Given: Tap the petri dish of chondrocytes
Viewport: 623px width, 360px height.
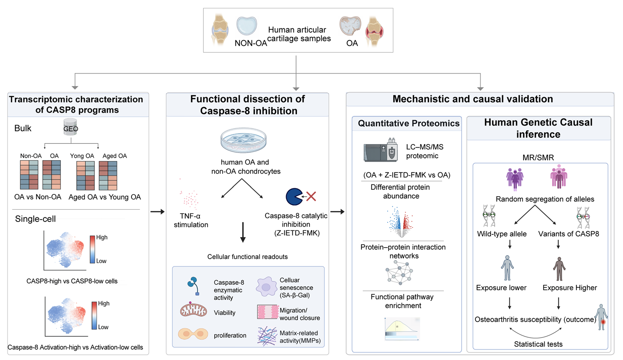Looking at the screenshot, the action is coord(244,140).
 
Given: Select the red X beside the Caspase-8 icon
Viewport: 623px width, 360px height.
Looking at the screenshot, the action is coord(311,197).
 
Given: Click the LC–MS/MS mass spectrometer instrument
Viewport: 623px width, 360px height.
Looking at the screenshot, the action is coord(380,150).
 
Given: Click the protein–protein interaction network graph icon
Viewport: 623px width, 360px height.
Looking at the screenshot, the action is coord(399,272).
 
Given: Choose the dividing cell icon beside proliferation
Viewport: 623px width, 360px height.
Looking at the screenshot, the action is coord(193,334).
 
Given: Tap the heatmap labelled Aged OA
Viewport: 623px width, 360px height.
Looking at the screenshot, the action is coord(108,175).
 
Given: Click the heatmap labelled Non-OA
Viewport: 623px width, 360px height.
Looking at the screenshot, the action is coord(29,175).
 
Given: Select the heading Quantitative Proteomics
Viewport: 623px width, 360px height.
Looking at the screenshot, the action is coord(409,123).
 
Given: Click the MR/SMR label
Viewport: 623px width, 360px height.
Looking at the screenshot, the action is coord(538,158).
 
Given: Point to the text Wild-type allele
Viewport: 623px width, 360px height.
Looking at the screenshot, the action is coord(502,234).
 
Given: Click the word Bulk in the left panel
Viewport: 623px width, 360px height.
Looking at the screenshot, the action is coord(23,128).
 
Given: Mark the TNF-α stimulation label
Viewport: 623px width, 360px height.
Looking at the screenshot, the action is coord(191,220).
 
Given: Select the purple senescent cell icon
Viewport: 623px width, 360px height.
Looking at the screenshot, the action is coord(266,287).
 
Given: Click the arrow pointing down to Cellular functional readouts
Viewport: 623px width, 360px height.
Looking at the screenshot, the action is coord(243,232).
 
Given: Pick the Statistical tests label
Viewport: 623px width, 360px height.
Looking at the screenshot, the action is coord(538,344).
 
